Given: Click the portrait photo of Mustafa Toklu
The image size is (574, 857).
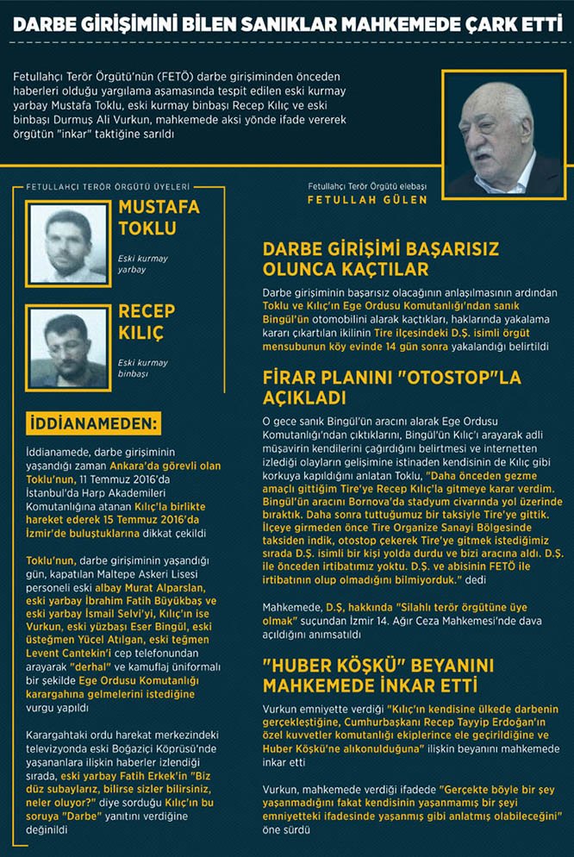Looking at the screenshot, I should click(66, 243).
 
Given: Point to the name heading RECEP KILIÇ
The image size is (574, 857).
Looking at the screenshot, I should click(146, 321).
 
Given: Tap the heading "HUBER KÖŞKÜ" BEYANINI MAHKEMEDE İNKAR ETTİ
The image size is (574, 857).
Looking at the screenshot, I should click(370, 676).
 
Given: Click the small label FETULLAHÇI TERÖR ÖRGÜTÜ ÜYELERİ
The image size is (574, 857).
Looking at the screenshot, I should click(108, 185).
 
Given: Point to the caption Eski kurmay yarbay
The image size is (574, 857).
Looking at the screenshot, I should click(143, 263).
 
